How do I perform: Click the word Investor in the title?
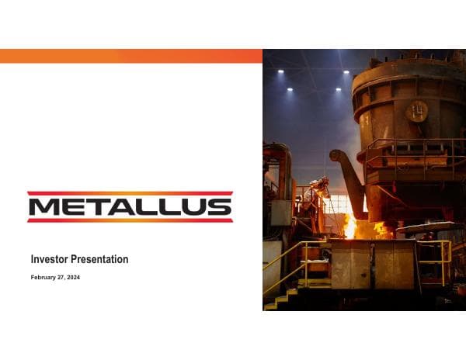tap(49, 259)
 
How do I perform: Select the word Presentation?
tap(99, 259)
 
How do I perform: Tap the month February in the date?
tap(44, 277)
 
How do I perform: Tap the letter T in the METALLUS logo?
tap(103, 207)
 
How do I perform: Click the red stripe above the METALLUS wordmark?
tap(130, 193)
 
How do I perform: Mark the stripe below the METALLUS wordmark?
tap(130, 220)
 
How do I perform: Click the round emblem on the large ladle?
tap(417, 111)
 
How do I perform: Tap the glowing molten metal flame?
tap(352, 226)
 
